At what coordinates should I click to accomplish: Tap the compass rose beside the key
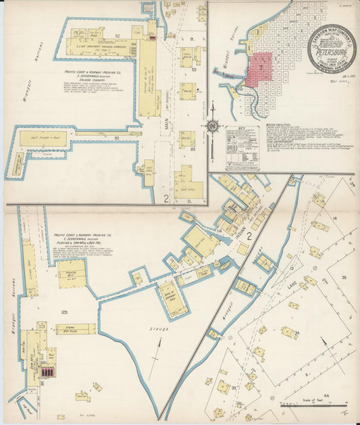[213, 126]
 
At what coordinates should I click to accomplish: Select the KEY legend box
[242, 147]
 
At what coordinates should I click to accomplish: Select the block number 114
[219, 232]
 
